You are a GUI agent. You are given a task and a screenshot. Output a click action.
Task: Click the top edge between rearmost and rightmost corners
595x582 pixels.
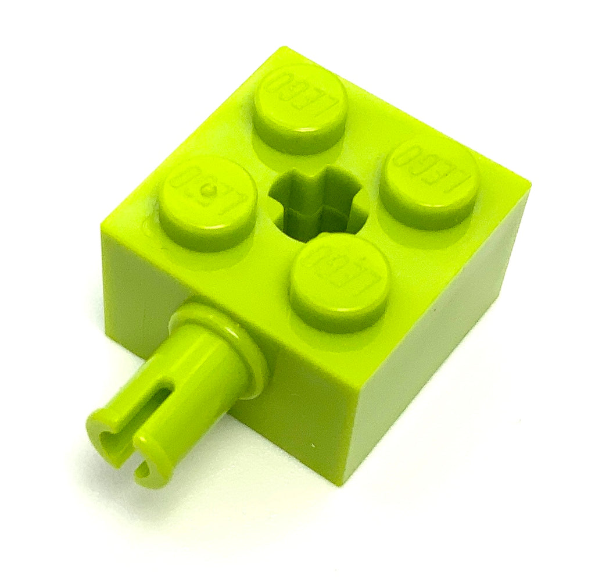click(407, 116)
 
